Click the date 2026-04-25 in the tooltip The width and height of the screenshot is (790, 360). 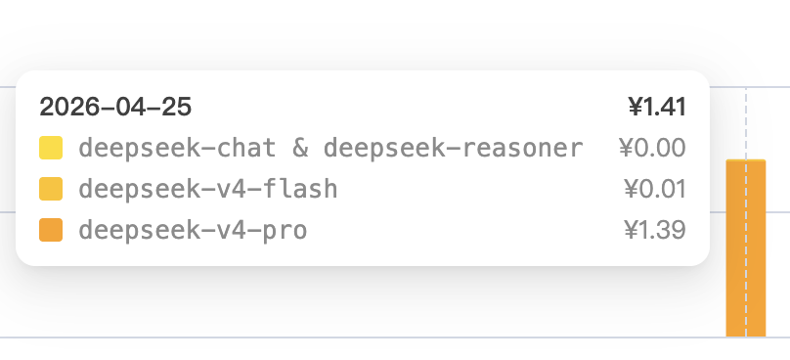(x=115, y=106)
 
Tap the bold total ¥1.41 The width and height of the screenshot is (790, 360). (x=656, y=106)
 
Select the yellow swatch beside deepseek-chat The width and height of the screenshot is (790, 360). (x=51, y=148)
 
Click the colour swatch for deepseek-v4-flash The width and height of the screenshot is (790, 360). (x=51, y=189)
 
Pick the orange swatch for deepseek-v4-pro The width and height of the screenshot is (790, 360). (x=51, y=231)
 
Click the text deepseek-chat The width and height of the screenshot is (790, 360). (x=176, y=148)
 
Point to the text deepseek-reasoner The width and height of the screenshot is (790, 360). (x=453, y=148)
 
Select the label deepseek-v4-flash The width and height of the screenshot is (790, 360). (x=207, y=189)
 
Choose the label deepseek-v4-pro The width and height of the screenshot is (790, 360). (x=193, y=231)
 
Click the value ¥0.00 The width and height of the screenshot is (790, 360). (x=652, y=148)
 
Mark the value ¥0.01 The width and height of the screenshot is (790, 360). (x=654, y=189)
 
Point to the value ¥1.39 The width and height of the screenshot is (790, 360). (x=654, y=231)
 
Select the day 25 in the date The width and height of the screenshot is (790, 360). (x=177, y=106)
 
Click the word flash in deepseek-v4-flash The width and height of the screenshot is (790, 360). (x=298, y=189)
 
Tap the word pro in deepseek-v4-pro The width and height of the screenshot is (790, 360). (x=284, y=231)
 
